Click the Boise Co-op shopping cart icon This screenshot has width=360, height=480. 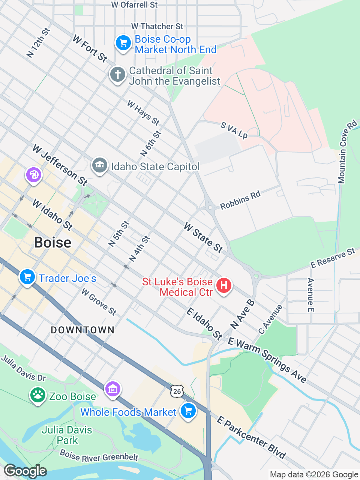tap(123, 43)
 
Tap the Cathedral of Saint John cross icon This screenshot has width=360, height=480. tap(117, 74)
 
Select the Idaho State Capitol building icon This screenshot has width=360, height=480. tap(99, 165)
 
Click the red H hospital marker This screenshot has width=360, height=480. tap(223, 285)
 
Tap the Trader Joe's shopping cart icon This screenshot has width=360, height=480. tap(27, 277)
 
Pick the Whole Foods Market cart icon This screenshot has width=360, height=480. tap(188, 411)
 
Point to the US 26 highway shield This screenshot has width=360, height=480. tap(177, 391)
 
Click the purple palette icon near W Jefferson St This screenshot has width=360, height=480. tap(34, 175)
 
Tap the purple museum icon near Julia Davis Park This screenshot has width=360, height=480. tap(112, 389)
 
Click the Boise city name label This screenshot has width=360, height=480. tap(52, 243)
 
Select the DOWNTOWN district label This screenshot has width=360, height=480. tap(82, 330)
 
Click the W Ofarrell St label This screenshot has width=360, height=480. tap(135, 5)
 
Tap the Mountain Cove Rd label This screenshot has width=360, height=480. tap(347, 152)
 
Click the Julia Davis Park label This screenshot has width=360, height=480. tap(67, 435)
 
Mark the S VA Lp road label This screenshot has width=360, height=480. tap(234, 130)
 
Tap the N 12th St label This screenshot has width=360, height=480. tap(38, 43)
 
